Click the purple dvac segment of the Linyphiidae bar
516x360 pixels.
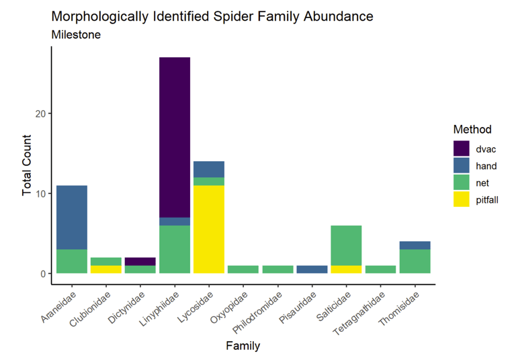point(175,137)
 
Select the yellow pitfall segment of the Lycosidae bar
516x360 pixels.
point(209,229)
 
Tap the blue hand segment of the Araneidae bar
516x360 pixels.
point(72,217)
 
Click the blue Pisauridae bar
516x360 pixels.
point(312,269)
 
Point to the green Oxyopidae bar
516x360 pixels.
point(243,269)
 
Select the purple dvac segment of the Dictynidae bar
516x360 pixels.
point(140,261)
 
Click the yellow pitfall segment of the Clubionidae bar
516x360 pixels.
point(106,269)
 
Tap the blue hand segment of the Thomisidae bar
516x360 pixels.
point(415,245)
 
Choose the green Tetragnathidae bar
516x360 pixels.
point(380,269)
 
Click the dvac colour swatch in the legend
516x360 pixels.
point(461,149)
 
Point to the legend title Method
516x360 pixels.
point(472,129)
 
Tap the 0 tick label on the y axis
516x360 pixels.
point(42,274)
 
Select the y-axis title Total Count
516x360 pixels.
point(26,165)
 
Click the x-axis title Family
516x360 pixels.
point(243,347)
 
